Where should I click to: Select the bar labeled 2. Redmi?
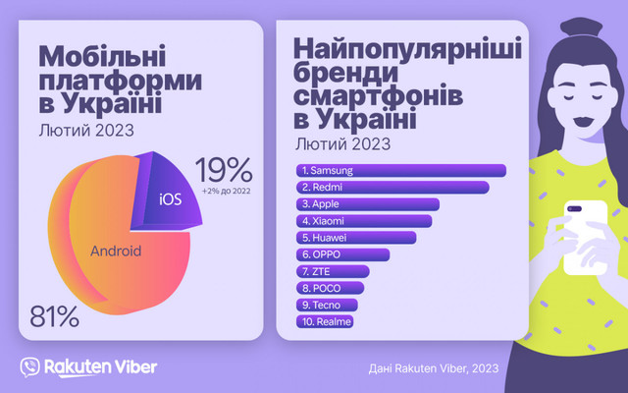tap(392, 188)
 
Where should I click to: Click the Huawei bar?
tap(355, 238)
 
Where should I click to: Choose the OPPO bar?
tap(342, 254)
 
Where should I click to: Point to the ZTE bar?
tap(333, 271)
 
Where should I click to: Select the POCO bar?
tap(329, 288)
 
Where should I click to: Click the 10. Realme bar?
tap(324, 321)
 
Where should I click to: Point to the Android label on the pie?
tap(116, 252)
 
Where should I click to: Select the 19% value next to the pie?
tap(224, 168)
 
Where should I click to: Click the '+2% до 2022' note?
tap(225, 190)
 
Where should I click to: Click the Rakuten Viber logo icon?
tap(30, 365)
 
